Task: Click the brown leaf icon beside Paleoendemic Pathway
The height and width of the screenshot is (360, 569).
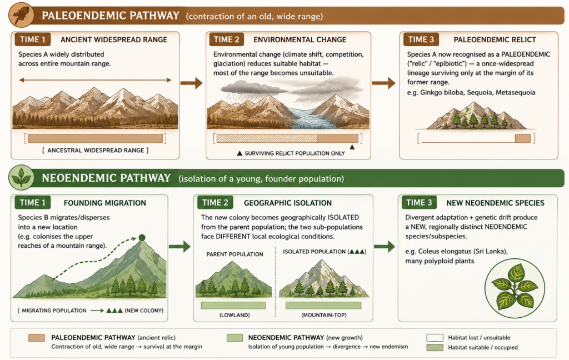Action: click(x=21, y=15)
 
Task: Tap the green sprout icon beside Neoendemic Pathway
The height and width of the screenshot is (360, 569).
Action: click(x=21, y=177)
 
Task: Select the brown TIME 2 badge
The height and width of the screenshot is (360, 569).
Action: click(x=227, y=39)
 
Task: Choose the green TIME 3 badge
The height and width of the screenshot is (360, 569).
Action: click(x=419, y=202)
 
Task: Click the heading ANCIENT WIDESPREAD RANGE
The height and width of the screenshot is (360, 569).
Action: click(x=114, y=39)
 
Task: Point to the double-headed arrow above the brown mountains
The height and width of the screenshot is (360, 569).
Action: click(x=95, y=80)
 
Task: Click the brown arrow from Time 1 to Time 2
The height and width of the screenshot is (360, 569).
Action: click(x=192, y=83)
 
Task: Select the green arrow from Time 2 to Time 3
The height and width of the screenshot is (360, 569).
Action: click(x=385, y=247)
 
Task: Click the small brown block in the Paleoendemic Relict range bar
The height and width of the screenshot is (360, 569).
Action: click(x=522, y=138)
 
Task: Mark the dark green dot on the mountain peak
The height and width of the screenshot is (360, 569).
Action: click(x=142, y=238)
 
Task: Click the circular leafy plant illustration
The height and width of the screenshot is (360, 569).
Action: click(x=515, y=288)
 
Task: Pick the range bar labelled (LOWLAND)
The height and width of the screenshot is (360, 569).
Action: click(x=233, y=306)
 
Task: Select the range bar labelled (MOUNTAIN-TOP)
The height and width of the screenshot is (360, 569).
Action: click(x=323, y=306)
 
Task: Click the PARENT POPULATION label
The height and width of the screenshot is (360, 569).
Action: click(x=235, y=254)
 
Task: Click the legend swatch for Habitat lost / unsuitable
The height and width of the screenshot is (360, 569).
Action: click(x=435, y=338)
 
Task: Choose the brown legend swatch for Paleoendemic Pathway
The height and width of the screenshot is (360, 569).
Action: click(x=37, y=338)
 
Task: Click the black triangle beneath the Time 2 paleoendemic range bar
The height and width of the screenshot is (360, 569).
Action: click(x=352, y=147)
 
